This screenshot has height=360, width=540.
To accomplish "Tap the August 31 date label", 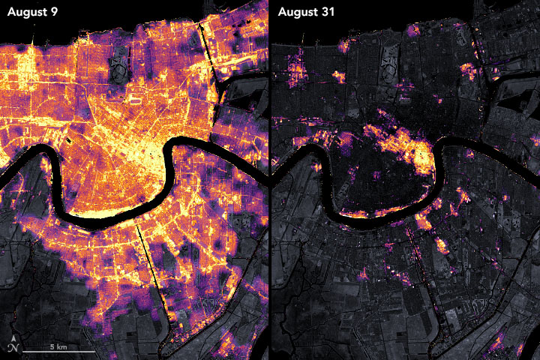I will click(x=307, y=13).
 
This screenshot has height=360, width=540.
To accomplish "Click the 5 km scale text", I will click(x=58, y=346).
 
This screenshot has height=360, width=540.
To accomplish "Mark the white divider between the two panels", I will click(x=269, y=180).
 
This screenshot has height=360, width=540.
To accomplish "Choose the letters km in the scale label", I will click(x=61, y=346).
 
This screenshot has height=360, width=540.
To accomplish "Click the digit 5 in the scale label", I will click(x=52, y=346).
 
